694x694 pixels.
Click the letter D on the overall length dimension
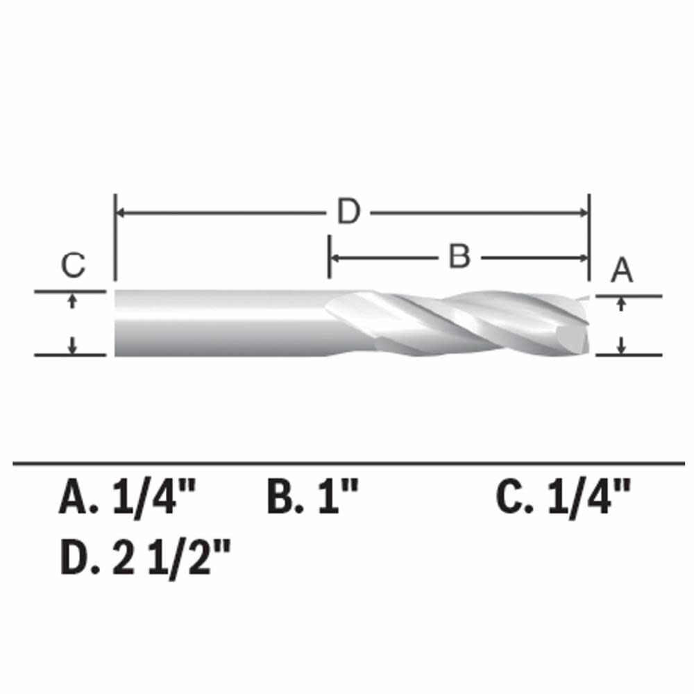pos(349,212)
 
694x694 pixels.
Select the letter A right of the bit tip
pos(622,270)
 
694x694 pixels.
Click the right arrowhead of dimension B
pos(583,257)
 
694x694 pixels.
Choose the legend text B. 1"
pos(313,498)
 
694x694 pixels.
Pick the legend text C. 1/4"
pos(564,498)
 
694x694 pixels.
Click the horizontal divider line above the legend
pos(347,462)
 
